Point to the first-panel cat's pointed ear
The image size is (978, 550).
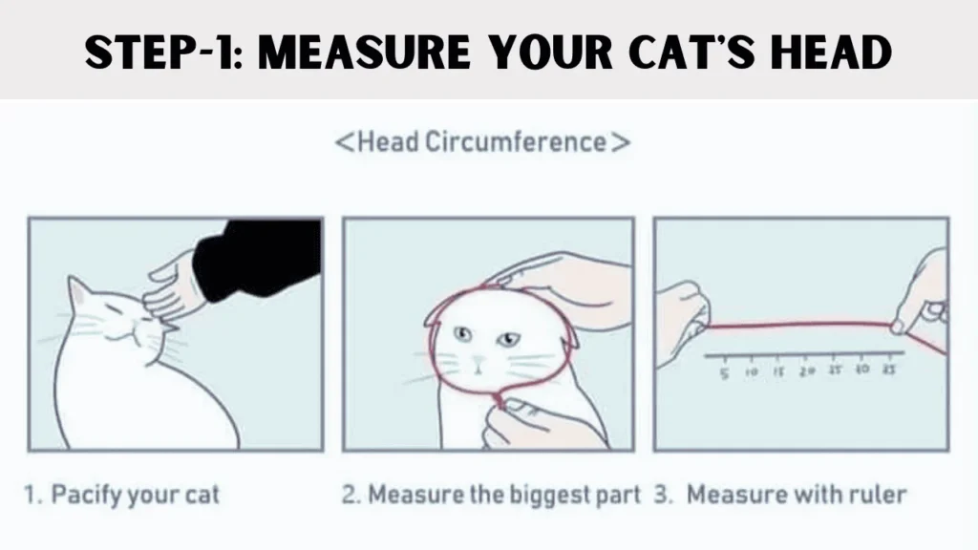pos(76,291)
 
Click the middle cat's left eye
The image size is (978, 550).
pos(463,333)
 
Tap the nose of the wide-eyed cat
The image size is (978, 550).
pos(480,361)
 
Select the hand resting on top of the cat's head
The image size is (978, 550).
pos(554,282)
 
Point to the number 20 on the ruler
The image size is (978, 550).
pos(808,370)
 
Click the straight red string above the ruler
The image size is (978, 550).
pos(802,325)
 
